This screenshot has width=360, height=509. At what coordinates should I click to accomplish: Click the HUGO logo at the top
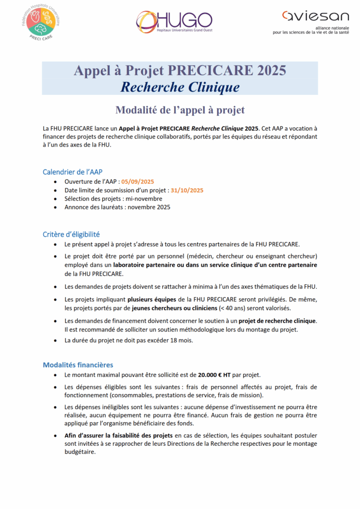[174, 21]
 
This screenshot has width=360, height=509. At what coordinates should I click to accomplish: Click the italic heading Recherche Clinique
[180, 87]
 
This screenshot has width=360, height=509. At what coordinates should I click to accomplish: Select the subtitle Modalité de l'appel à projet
[180, 109]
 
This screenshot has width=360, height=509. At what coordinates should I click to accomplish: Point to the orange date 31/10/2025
[186, 190]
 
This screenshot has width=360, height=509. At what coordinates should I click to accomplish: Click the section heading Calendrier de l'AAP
[73, 172]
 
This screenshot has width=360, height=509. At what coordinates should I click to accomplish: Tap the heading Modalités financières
[78, 364]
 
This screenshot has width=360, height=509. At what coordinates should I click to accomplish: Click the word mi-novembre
[142, 199]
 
